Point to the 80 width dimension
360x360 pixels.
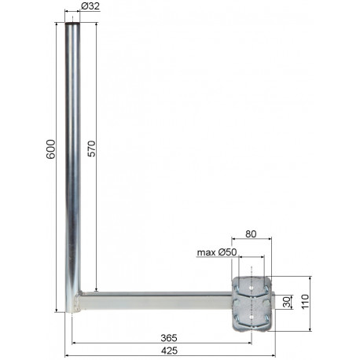pos(252,233)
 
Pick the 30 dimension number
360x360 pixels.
pos(288,301)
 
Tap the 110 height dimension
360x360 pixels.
pos(314,302)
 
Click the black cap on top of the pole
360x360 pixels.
pos(74,24)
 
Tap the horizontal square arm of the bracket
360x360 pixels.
pos(157,301)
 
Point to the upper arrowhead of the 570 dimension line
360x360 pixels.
pos(96,25)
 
